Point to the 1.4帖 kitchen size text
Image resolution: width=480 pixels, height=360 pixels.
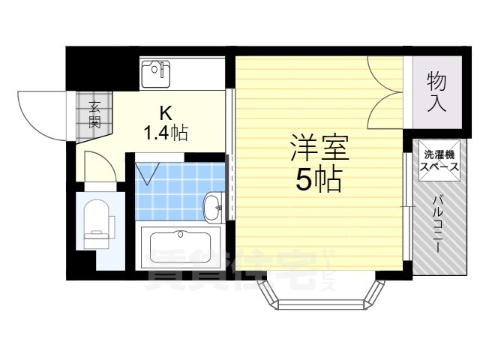pyautogui.click(x=166, y=133)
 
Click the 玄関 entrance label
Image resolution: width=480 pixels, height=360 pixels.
pyautogui.click(x=94, y=114)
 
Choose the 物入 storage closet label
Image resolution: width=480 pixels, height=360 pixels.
pyautogui.click(x=436, y=91)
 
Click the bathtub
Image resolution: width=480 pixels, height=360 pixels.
pyautogui.click(x=181, y=247)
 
